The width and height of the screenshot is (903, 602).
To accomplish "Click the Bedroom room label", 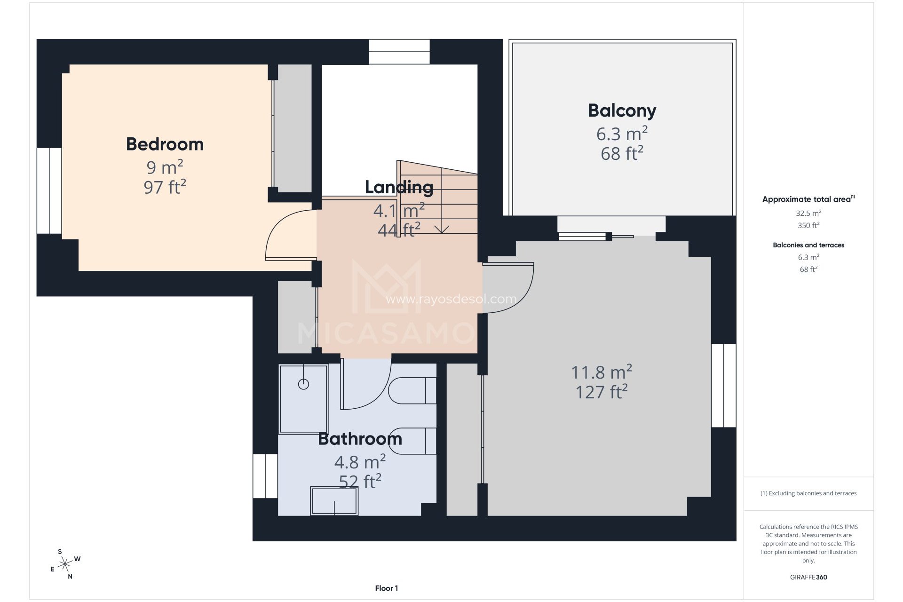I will point(165,144).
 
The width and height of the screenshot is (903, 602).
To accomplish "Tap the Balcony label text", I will point(622,111).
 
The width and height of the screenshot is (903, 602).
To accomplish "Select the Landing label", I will point(399,187).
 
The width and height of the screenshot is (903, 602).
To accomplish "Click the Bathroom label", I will point(360,439).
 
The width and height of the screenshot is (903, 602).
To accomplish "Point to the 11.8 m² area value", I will point(601,372).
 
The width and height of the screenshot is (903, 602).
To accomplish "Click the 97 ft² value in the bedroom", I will point(165,187).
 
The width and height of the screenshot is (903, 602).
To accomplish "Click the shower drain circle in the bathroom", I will point(304,384).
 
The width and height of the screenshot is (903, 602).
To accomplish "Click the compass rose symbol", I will point(65,563).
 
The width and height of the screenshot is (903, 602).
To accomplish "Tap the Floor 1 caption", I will point(386,588).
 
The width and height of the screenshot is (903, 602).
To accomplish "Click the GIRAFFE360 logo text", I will point(808,577).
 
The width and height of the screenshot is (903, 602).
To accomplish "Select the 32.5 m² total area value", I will point(808,213).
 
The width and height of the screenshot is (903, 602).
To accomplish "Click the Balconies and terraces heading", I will point(808,245).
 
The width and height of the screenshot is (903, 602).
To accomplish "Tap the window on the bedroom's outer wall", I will point(49,190).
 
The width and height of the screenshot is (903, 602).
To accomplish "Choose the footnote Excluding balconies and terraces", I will point(808,493).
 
